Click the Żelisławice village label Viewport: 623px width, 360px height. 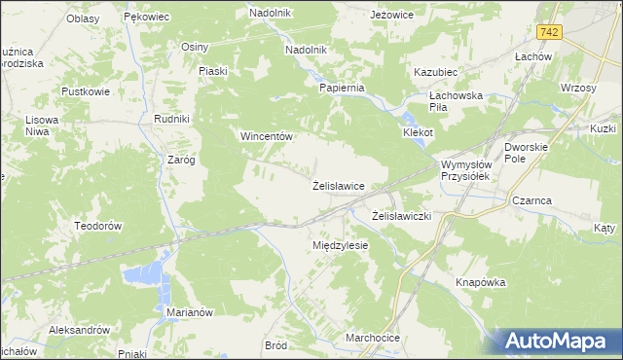(338, 185)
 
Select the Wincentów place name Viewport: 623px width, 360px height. (267, 137)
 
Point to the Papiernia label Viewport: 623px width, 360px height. (342, 87)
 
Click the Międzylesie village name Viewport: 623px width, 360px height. (340, 245)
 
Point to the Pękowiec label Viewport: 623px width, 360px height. (147, 18)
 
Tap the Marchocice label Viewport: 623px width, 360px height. (372, 338)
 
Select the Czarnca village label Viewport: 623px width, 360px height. (531, 200)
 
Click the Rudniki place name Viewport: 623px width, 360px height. (170, 119)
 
